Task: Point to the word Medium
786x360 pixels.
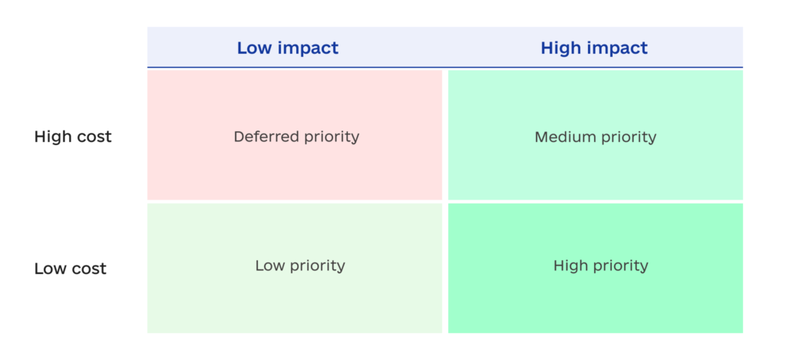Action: (563, 137)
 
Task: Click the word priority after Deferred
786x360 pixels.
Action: (328, 137)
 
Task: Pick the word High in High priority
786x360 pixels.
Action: (569, 266)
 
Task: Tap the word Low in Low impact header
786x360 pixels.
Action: (254, 48)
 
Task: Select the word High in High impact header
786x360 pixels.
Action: (560, 48)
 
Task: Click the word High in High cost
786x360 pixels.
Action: (52, 137)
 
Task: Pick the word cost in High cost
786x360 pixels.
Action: (94, 137)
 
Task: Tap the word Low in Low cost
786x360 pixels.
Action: (50, 269)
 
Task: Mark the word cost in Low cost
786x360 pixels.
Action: (89, 269)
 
